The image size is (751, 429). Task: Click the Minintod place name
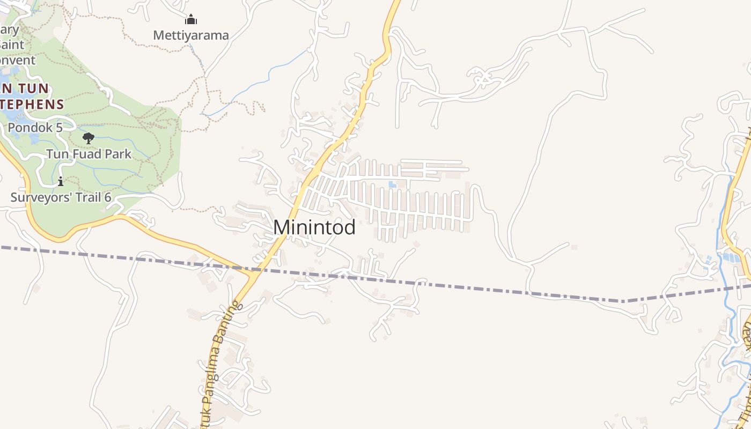click(314, 227)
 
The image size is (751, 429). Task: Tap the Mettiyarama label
click(191, 35)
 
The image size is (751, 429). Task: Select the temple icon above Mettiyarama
click(191, 20)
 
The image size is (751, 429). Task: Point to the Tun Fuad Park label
click(89, 154)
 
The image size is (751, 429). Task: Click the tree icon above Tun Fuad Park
click(89, 138)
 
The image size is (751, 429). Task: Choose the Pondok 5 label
click(35, 128)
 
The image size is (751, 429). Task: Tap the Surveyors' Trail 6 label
click(61, 197)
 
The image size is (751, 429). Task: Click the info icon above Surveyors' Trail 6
click(61, 181)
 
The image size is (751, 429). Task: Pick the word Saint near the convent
click(12, 45)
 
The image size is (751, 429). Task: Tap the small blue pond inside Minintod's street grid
click(393, 184)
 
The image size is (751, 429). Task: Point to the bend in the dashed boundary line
click(624, 301)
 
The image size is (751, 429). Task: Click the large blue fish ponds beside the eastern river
click(731, 257)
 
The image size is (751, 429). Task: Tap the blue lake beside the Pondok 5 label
click(33, 138)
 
